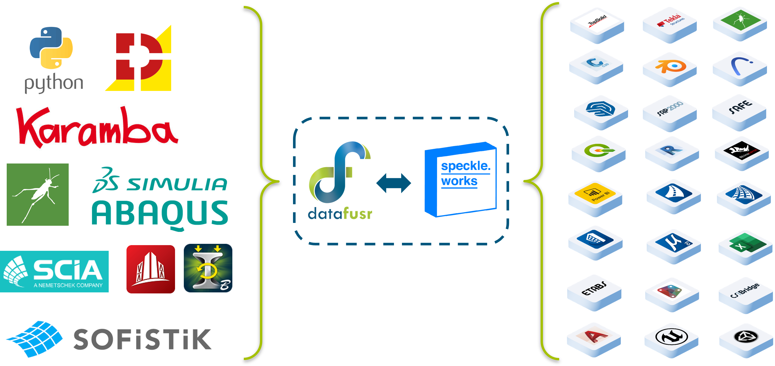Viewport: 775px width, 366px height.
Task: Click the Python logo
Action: (53, 60)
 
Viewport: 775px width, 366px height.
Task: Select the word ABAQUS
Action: (160, 213)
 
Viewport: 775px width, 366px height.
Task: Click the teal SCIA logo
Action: (54, 271)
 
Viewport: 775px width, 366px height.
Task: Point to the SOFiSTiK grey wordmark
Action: (142, 339)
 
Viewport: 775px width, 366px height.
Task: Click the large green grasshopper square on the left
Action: (38, 194)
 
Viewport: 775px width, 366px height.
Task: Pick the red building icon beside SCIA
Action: (151, 269)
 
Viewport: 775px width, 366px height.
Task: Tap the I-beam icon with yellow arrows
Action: (208, 268)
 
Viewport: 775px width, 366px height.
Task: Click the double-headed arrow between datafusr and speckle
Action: (393, 183)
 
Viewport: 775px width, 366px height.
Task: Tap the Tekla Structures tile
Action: (669, 24)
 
